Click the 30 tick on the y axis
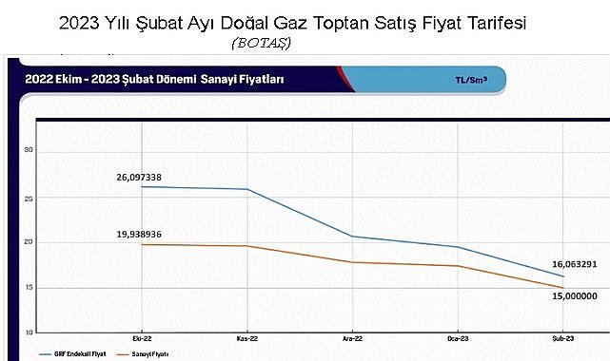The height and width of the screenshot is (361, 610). click(x=30, y=150)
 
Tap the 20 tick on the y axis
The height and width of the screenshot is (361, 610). click(x=30, y=242)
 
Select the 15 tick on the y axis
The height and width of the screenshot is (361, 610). click(x=30, y=287)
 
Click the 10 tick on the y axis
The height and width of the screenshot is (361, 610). click(x=30, y=332)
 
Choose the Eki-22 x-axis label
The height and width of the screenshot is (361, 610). click(x=144, y=338)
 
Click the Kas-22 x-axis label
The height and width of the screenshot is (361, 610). click(x=248, y=338)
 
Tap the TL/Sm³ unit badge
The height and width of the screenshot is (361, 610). click(x=472, y=81)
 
